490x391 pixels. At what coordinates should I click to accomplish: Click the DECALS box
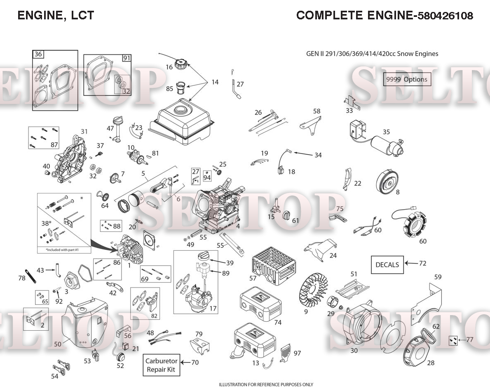click(387, 264)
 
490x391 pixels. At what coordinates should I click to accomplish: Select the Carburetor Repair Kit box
click(161, 365)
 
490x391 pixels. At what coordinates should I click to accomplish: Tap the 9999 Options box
click(407, 79)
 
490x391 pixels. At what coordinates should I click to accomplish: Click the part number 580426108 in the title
click(445, 16)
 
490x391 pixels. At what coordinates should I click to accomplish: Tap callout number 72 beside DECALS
click(422, 263)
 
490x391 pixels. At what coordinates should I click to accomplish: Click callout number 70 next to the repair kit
click(195, 363)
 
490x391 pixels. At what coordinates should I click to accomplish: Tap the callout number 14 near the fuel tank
click(215, 82)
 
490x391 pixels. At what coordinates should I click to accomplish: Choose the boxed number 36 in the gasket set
click(38, 54)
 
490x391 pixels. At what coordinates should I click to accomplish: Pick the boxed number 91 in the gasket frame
click(126, 58)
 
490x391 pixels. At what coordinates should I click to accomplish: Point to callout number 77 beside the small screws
click(470, 340)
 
